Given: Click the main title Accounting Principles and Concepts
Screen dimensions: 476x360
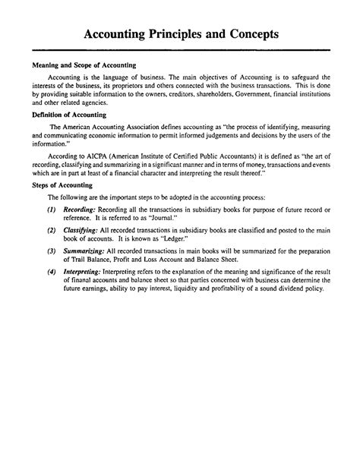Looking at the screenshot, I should [x=180, y=35].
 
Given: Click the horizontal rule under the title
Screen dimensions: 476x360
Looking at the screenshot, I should [x=180, y=52].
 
